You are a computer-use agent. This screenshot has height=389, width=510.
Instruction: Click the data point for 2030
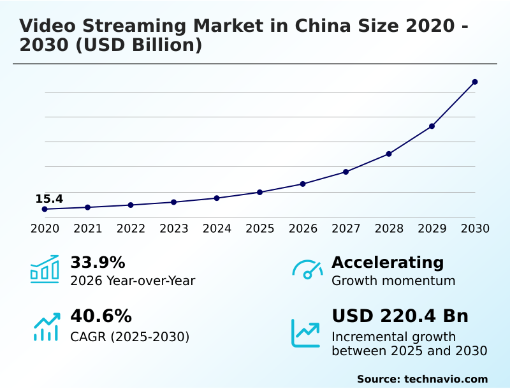tap(475, 82)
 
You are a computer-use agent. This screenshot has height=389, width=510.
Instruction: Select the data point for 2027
tap(346, 172)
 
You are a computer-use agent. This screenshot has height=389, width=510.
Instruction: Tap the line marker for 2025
tap(259, 192)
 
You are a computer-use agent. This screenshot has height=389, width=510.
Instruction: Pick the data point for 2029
tap(432, 126)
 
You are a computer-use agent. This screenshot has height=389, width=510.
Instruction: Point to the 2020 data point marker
tap(45, 209)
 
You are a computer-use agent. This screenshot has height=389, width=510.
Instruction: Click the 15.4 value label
tap(49, 199)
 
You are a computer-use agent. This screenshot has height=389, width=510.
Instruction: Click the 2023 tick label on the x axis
tap(174, 228)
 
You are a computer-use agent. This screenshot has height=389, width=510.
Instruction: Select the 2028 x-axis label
tap(389, 228)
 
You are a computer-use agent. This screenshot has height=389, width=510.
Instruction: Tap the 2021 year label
tap(88, 228)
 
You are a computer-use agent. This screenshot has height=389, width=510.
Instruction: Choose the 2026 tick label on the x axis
tap(303, 228)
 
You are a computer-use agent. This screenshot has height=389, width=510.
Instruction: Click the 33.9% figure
tap(98, 263)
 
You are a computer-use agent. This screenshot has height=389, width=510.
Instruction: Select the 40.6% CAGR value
tap(101, 316)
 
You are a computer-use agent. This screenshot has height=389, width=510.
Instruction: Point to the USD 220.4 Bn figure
tap(400, 316)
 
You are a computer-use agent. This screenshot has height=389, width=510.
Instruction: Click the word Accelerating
tap(388, 263)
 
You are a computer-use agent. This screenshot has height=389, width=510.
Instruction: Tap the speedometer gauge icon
tap(307, 270)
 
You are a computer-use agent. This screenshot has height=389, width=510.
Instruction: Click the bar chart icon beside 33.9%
tap(45, 270)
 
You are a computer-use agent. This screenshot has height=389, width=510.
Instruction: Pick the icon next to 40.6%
tap(46, 327)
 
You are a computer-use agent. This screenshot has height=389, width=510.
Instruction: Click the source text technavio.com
tap(446, 379)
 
